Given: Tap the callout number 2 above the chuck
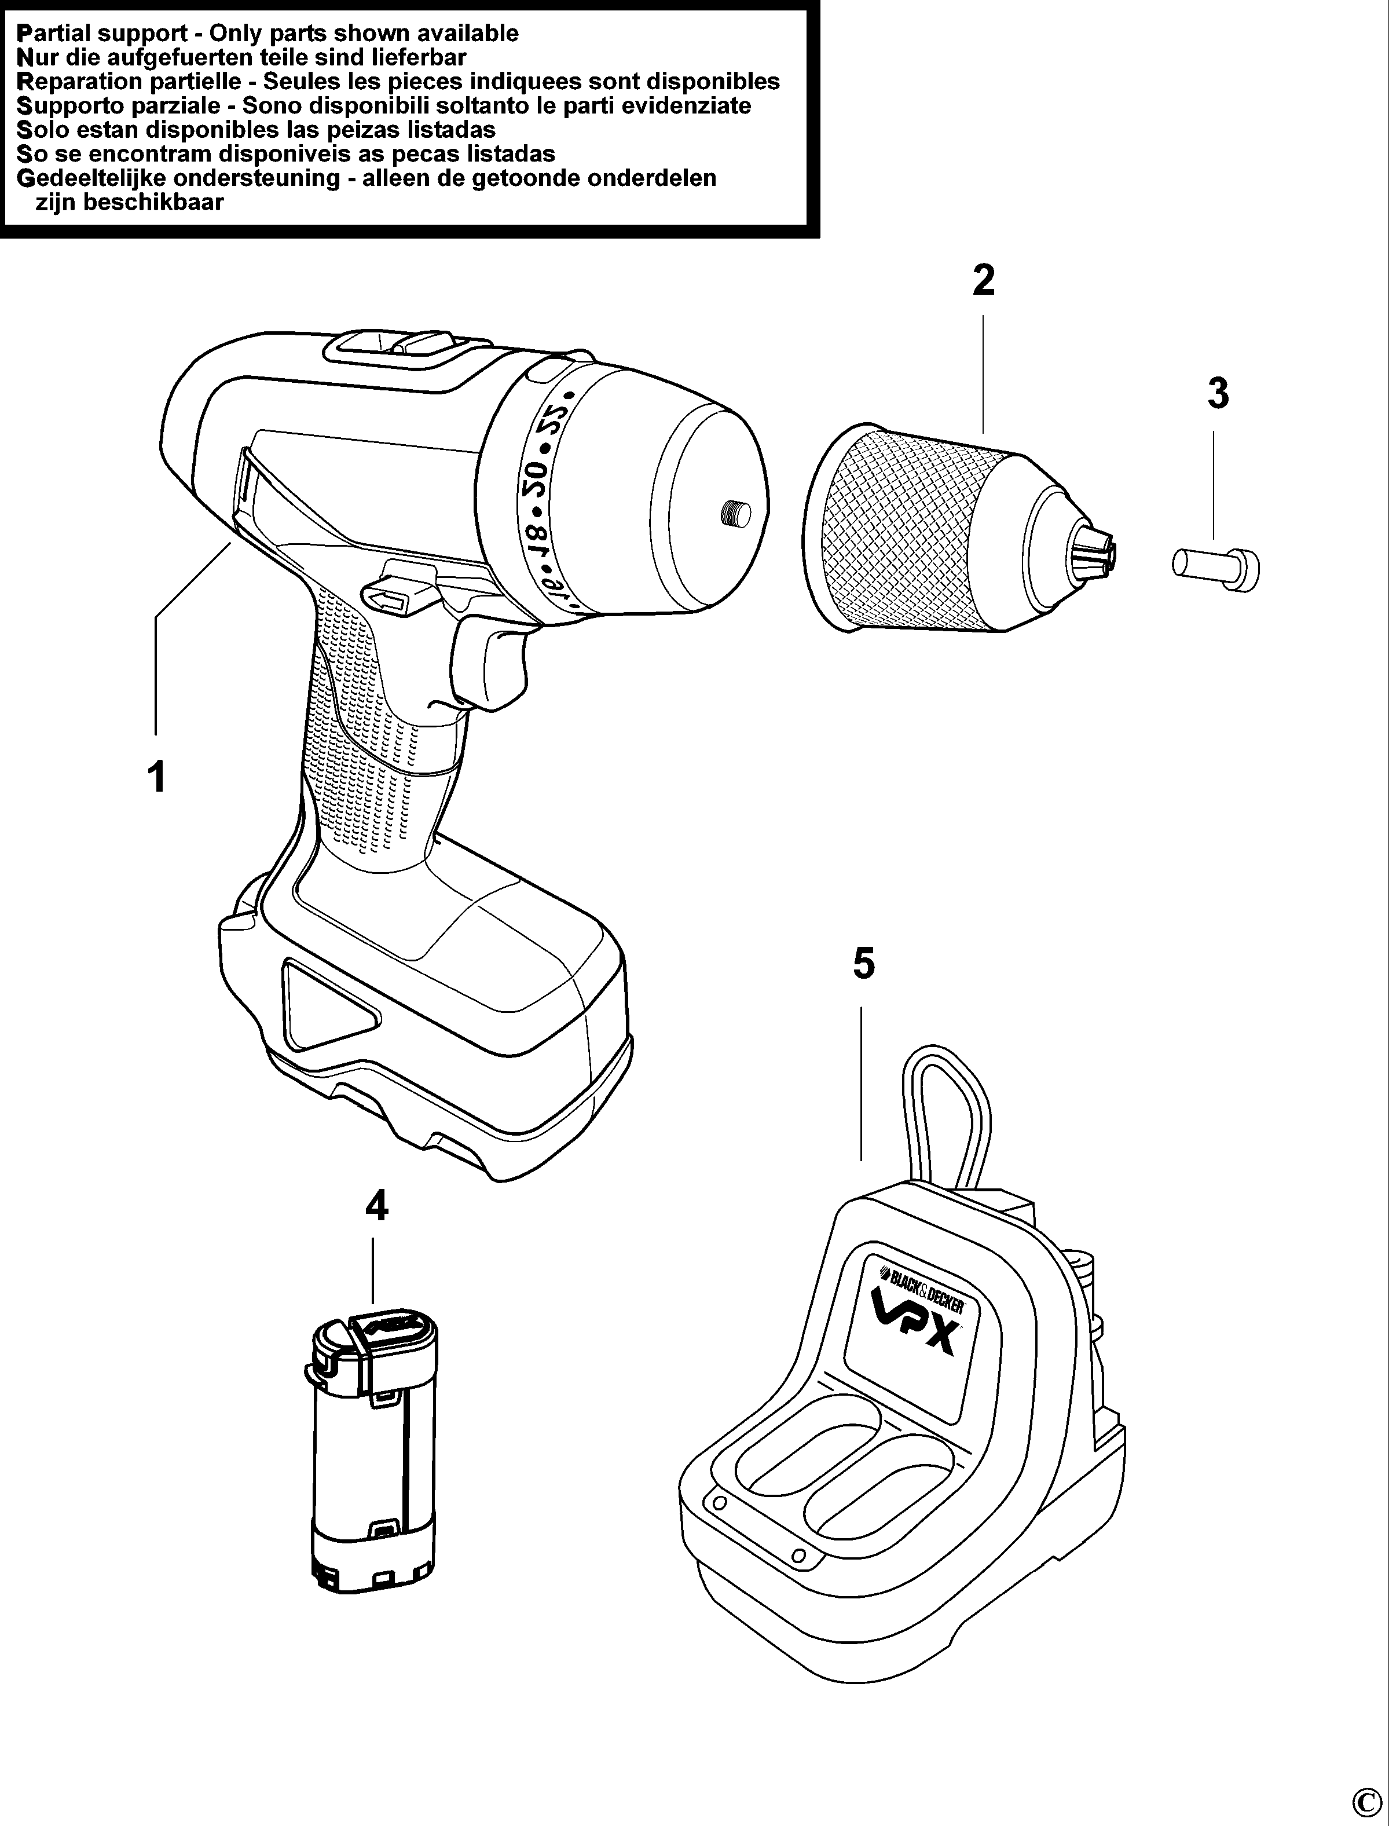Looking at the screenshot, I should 983,281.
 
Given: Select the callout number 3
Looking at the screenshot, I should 1218,394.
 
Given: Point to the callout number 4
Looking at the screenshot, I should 376,1206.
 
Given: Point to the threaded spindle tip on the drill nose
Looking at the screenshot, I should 734,514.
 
